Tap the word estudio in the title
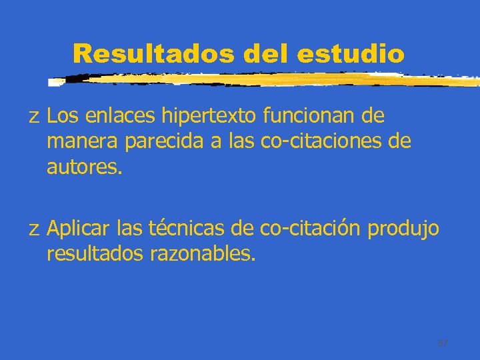(351, 54)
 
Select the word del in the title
(267, 54)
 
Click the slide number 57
(443, 343)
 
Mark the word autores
(85, 167)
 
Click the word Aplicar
(79, 229)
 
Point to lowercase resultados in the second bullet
(95, 253)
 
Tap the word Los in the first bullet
(63, 117)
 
